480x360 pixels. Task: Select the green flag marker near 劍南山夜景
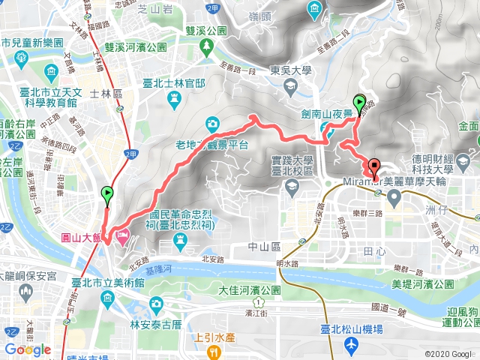359,103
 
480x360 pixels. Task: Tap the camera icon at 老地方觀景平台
213,123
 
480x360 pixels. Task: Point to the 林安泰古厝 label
156,324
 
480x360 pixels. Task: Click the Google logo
28,349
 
